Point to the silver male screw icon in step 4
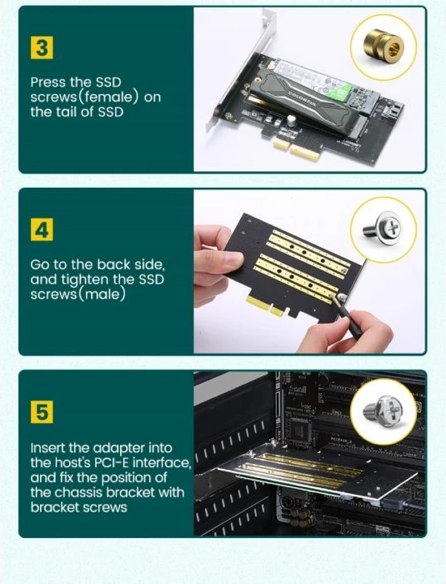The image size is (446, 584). pos(385,225)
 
